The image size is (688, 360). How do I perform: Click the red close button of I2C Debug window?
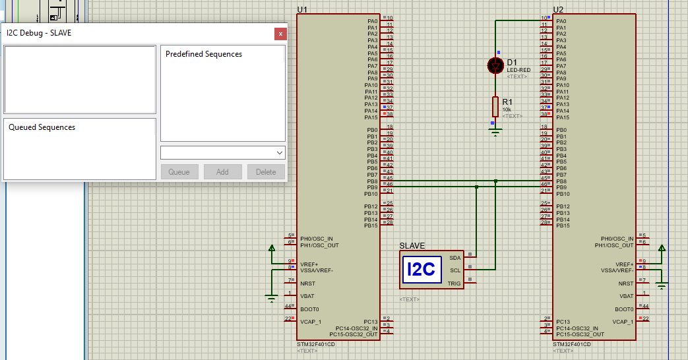(280, 33)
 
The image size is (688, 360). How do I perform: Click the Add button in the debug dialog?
(222, 171)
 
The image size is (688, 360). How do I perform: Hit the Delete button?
(266, 171)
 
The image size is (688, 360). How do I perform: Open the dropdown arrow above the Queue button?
(279, 152)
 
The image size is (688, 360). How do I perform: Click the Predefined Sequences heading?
(204, 54)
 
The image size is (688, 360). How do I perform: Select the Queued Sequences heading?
(42, 127)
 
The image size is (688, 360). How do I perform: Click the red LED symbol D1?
(495, 65)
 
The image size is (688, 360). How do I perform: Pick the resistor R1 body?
(495, 106)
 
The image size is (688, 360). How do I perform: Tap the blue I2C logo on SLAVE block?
(422, 269)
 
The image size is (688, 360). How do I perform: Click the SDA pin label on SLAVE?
(454, 258)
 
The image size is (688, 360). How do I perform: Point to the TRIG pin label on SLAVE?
(454, 284)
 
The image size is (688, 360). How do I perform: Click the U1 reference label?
(302, 9)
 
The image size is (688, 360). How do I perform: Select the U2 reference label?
(558, 9)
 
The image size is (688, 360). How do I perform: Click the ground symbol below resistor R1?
(495, 132)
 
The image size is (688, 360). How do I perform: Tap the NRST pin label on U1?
(308, 284)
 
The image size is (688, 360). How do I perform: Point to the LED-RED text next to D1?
(518, 70)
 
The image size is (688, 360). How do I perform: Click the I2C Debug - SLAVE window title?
(39, 33)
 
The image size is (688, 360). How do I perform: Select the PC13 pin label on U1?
(370, 321)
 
